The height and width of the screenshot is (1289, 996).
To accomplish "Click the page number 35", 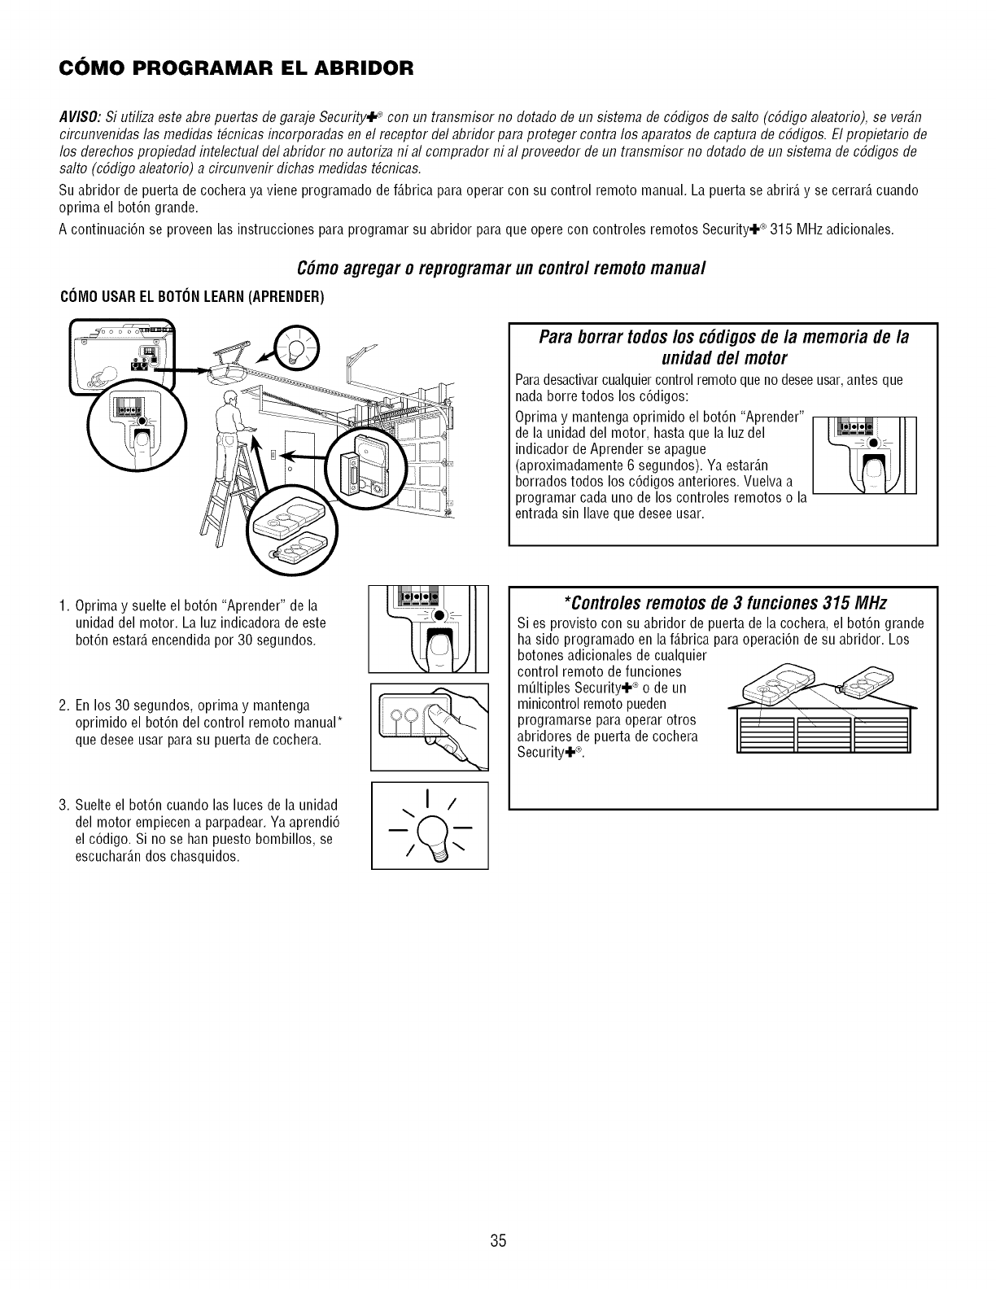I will click(498, 1240).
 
